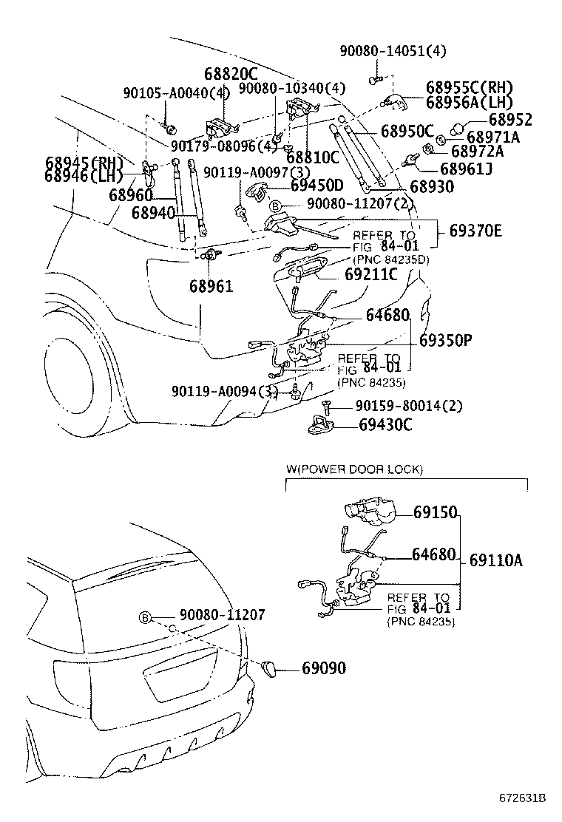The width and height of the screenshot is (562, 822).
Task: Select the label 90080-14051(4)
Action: click(x=393, y=51)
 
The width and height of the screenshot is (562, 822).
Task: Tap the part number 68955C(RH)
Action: click(x=469, y=87)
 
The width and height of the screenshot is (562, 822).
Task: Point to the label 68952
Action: click(x=509, y=119)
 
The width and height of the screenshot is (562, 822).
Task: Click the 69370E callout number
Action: click(x=475, y=231)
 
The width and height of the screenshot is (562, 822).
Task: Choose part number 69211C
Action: click(x=371, y=274)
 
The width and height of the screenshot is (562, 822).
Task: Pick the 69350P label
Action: click(x=445, y=341)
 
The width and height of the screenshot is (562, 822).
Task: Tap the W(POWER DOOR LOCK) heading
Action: click(x=354, y=469)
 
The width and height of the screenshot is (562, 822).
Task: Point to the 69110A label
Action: click(x=495, y=560)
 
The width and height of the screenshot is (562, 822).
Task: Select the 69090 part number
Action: click(x=323, y=668)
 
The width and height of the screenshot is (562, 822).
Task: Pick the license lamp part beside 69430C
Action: click(x=321, y=425)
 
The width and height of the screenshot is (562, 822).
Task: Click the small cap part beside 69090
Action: click(x=271, y=668)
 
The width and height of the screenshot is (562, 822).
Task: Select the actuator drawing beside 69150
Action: click(x=369, y=512)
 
